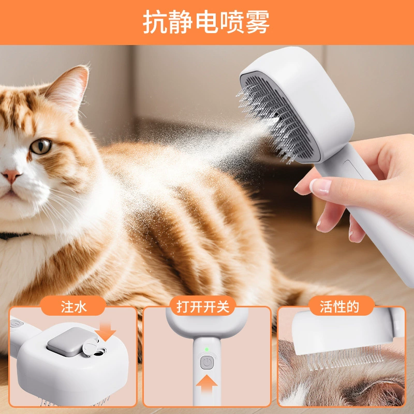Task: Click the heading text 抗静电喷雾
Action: click(206, 22)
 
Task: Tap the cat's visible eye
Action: click(41, 146)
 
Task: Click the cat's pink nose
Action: click(11, 176)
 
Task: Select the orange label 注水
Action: click(73, 307)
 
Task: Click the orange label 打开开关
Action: click(202, 307)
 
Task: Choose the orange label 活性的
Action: click(339, 307)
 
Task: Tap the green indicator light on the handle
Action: click(206, 349)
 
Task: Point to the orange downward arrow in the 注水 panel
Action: click(106, 332)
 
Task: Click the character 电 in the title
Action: click(206, 22)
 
